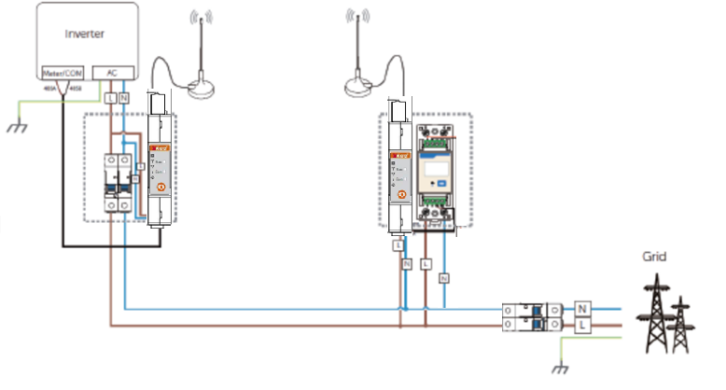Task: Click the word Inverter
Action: (83, 34)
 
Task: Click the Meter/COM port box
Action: (61, 72)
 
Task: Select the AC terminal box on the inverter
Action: (112, 72)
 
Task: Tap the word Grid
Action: (654, 255)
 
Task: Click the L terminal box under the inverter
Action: (111, 97)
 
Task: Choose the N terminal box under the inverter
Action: (125, 97)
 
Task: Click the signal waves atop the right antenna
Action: (354, 18)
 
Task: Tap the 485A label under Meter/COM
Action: (49, 89)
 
